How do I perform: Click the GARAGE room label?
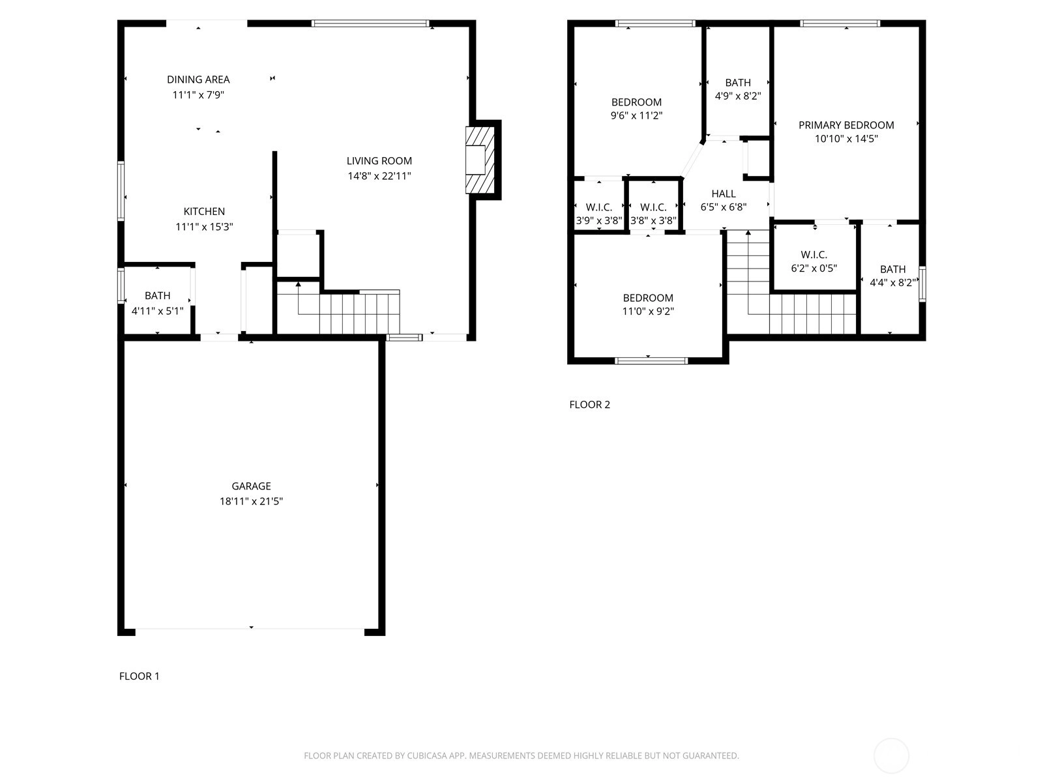[x=251, y=485]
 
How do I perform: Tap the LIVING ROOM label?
[x=379, y=161]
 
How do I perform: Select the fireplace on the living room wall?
[x=480, y=160]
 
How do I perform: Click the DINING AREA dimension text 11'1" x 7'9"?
[x=198, y=95]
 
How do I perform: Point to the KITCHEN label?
[x=204, y=211]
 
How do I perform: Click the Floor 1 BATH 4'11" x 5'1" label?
[x=157, y=304]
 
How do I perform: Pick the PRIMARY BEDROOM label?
[x=846, y=125]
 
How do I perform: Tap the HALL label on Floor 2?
[x=723, y=194]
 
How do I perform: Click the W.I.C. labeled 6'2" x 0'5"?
[x=814, y=261]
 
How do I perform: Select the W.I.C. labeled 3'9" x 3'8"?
[x=598, y=214]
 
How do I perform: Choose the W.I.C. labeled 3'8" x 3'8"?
[x=653, y=214]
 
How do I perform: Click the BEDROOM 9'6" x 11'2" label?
[x=636, y=109]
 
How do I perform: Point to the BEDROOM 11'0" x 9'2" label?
[x=648, y=304]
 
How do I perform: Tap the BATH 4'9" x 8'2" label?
[x=738, y=89]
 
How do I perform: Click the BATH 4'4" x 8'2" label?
[x=893, y=276]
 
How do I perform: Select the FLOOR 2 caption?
[x=590, y=405]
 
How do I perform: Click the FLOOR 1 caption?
[x=140, y=676]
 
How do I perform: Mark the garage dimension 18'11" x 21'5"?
[x=251, y=501]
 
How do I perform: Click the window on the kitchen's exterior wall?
[x=121, y=191]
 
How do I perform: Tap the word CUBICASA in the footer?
[x=426, y=756]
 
